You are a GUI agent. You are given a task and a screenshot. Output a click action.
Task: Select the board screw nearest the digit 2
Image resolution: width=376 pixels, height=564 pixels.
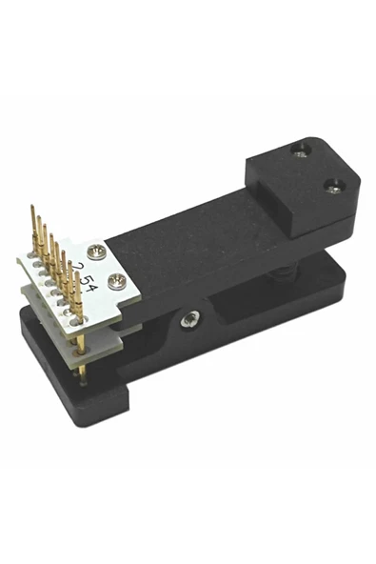(x=95, y=252)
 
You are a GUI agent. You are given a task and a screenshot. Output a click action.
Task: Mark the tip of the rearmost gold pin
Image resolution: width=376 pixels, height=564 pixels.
(x=33, y=207)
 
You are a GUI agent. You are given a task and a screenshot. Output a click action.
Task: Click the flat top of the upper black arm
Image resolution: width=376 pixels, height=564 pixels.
(x=190, y=238)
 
